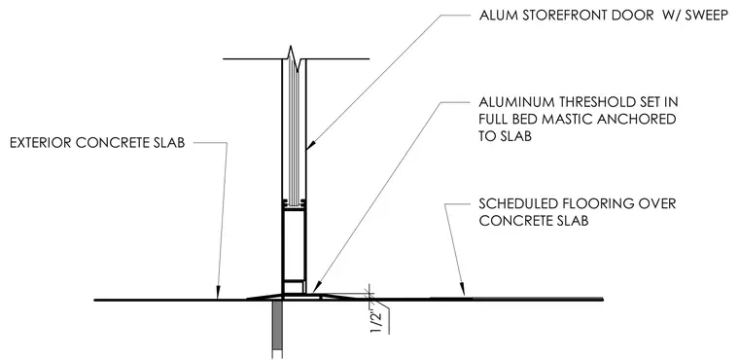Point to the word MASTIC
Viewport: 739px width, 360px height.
567,119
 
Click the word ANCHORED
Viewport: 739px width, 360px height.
637,119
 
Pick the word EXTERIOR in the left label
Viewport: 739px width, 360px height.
41,143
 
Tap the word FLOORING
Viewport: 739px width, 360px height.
595,203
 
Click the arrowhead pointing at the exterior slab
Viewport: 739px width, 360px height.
218,294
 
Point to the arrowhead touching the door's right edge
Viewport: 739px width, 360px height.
310,145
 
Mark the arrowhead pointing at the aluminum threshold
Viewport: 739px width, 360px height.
316,287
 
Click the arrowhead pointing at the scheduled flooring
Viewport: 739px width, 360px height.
463,290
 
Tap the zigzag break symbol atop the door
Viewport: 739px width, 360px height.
293,58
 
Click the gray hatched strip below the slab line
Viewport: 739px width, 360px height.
277,327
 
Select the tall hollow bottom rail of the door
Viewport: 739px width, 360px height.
294,244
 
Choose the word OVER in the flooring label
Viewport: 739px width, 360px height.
657,203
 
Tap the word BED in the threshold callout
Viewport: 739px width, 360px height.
523,119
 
